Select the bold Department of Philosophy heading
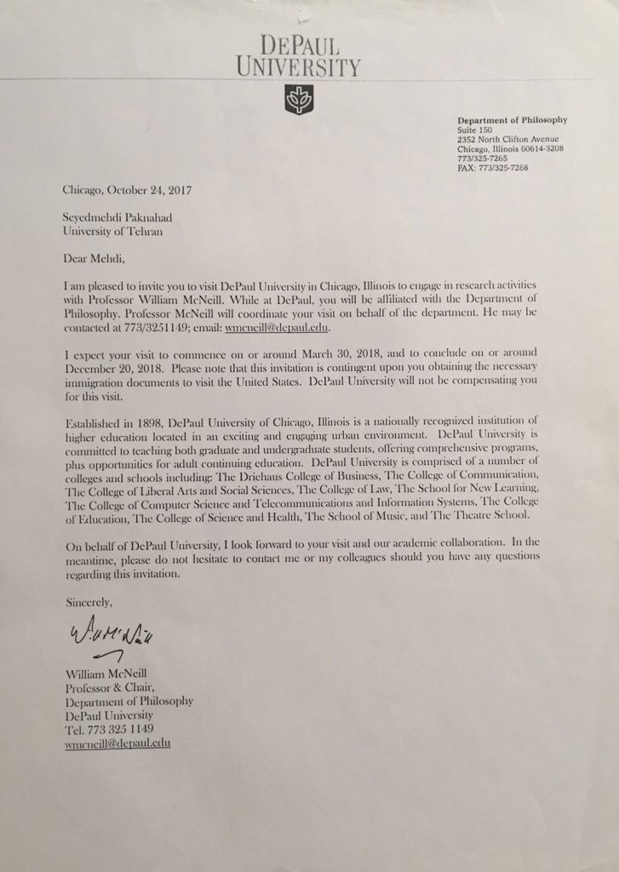[x=512, y=120]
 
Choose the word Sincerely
[x=88, y=601]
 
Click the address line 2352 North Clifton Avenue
[x=509, y=139]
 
